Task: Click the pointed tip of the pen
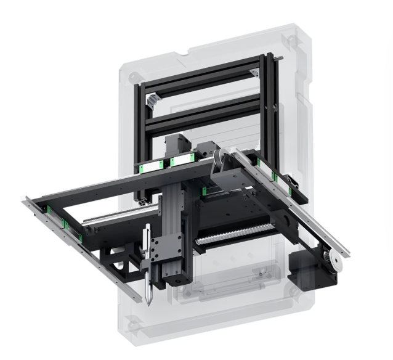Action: coord(148,303)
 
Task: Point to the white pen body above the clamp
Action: coord(146,243)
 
